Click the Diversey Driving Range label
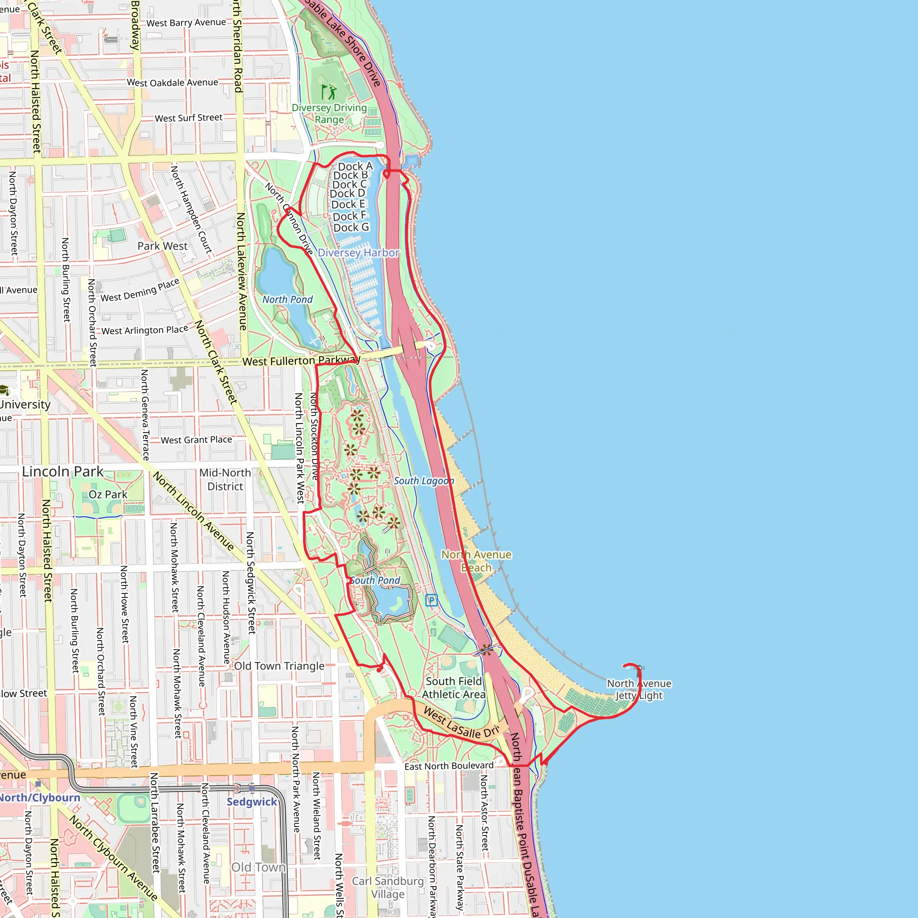coord(329,113)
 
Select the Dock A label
coord(355,166)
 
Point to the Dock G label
coord(351,228)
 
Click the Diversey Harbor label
coord(358,253)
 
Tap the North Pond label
coord(287,299)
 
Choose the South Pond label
coord(375,580)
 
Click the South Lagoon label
coord(423,481)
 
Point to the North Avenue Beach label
coord(476,561)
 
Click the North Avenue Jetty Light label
coord(639,689)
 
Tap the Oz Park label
coord(108,495)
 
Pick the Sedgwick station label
coord(252,802)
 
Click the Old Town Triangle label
coord(279,666)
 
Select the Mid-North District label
coord(225,480)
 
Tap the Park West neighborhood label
coord(163,246)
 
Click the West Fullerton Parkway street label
coord(301,361)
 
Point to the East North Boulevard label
coord(449,766)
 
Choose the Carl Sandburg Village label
coord(388,888)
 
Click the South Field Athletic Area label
coord(454,688)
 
